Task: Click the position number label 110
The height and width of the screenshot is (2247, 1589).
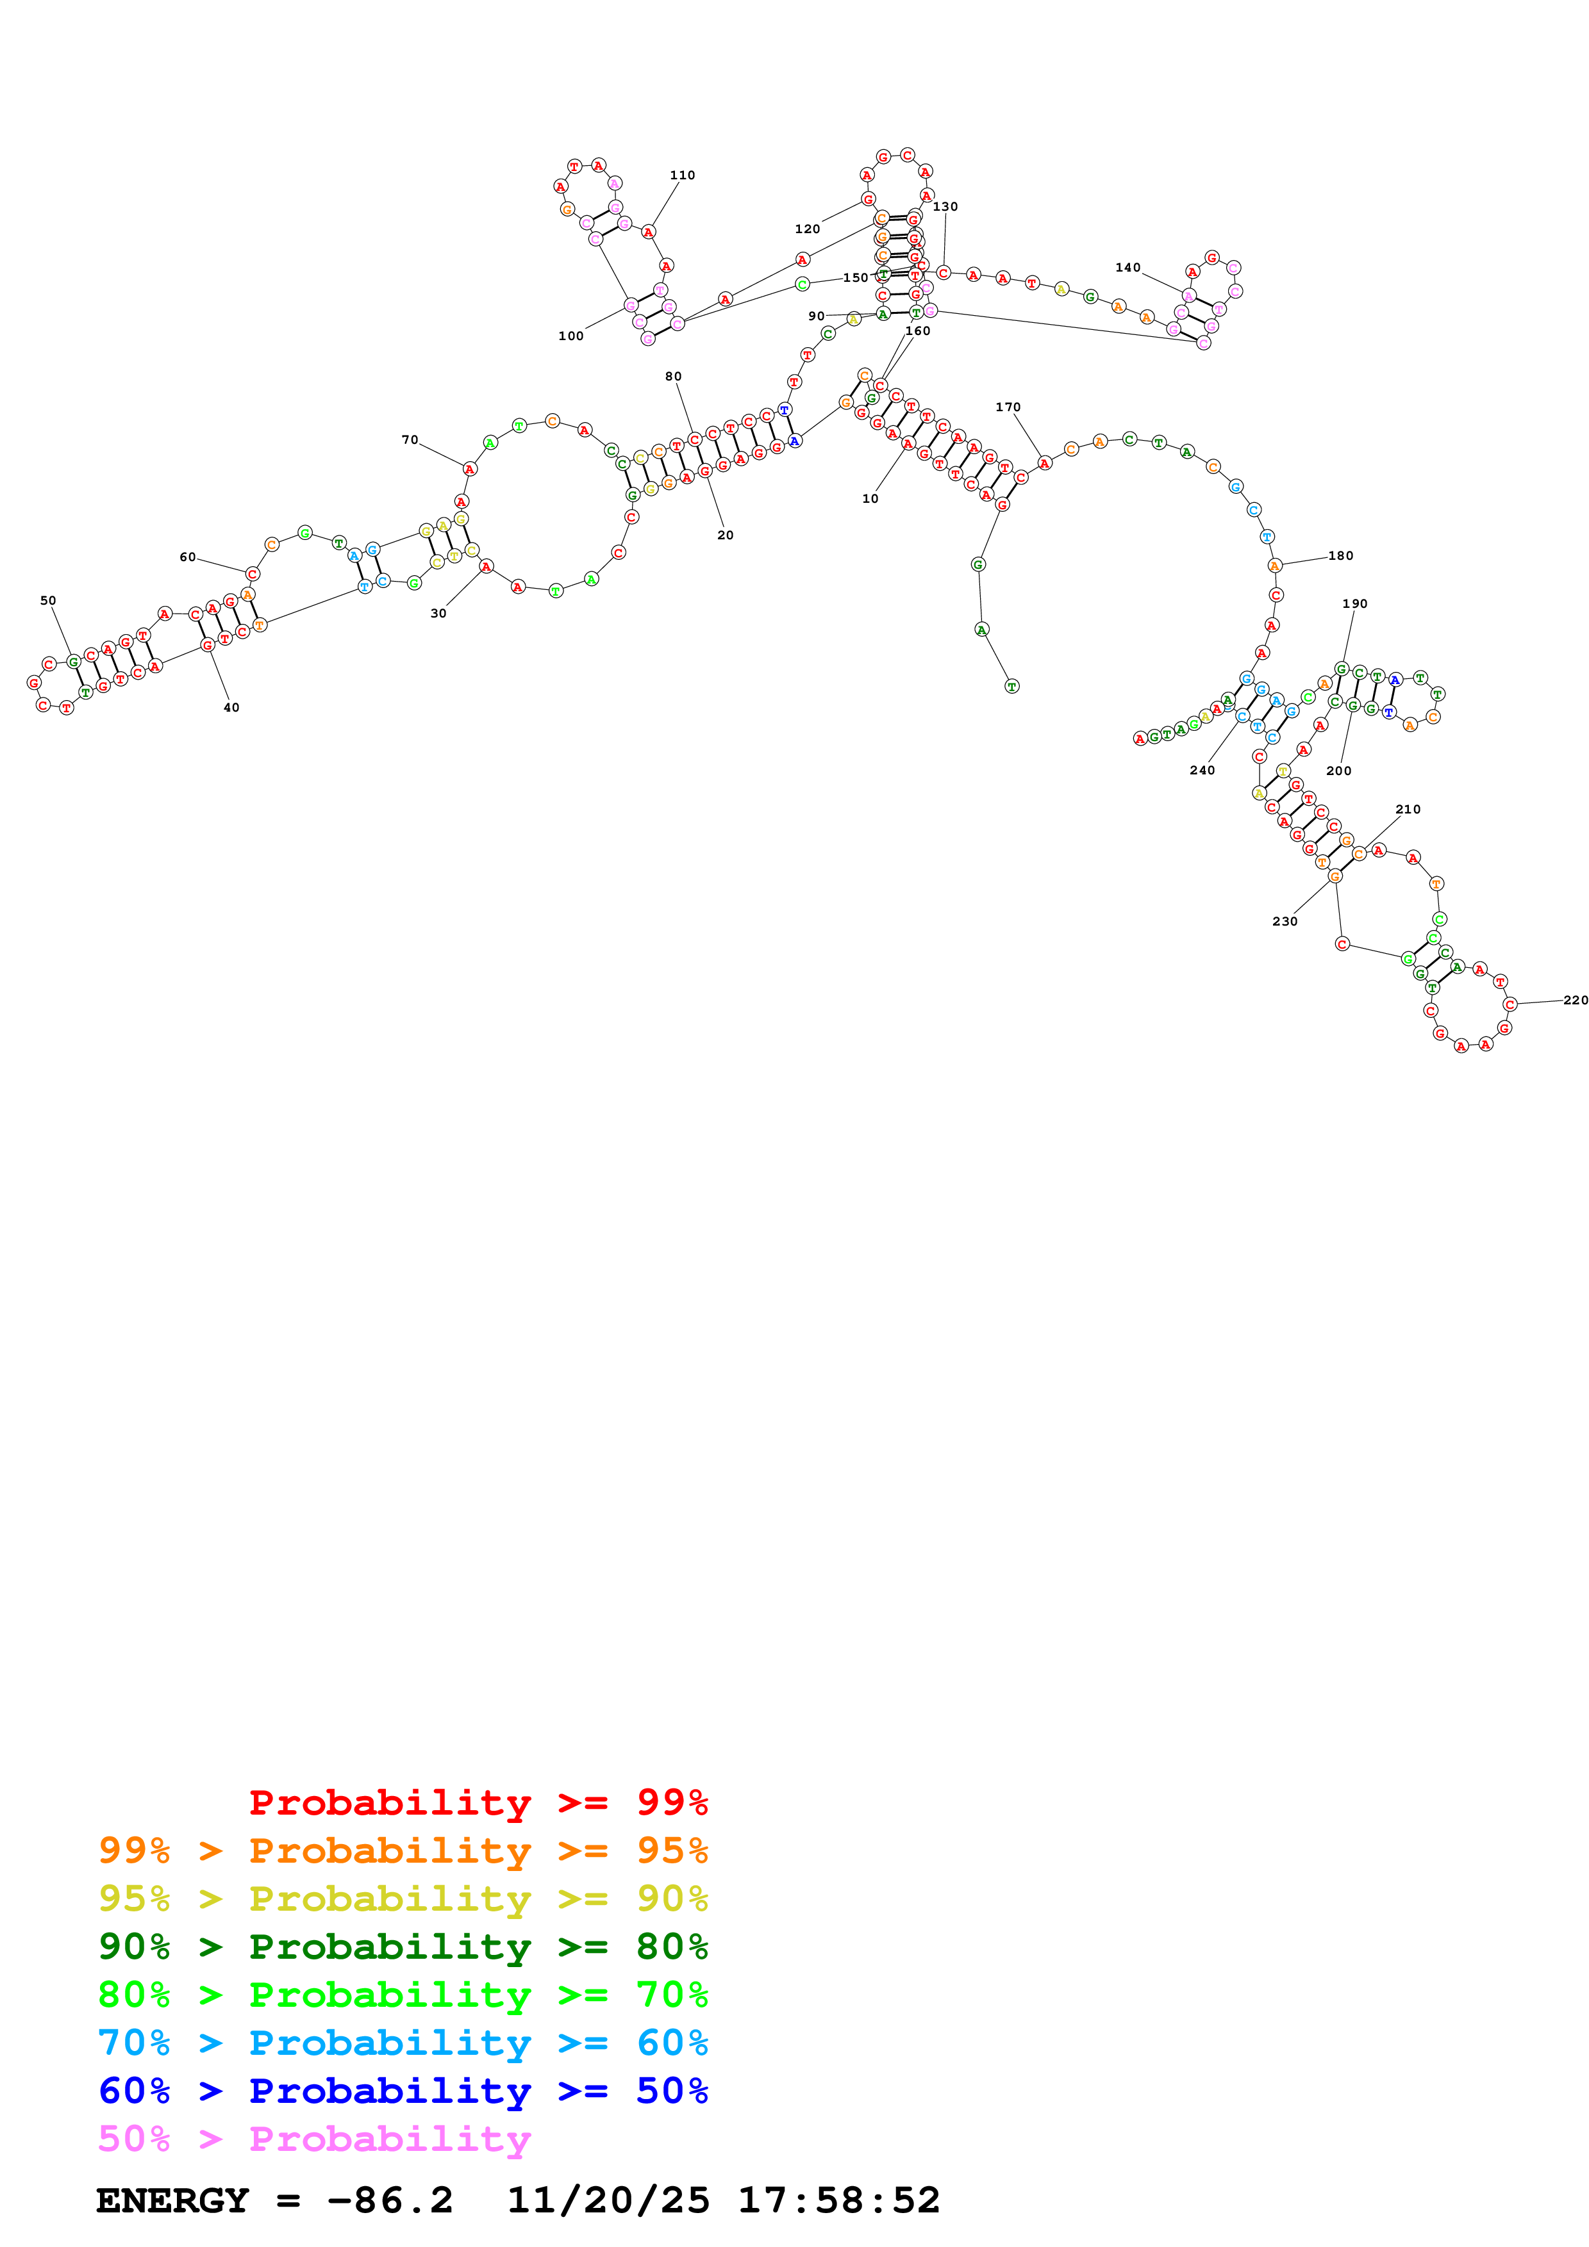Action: tap(683, 175)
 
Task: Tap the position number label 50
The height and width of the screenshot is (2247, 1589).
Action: tap(48, 600)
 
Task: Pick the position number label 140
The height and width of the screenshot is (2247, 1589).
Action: tap(1128, 267)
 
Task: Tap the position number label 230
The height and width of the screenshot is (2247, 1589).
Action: tap(1285, 921)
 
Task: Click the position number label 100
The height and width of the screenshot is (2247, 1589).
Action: tap(570, 336)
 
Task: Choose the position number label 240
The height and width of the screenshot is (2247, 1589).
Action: tap(1202, 770)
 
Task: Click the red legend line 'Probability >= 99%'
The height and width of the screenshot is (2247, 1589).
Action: tap(478, 1802)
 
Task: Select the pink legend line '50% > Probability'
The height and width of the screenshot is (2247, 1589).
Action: tap(313, 2138)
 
